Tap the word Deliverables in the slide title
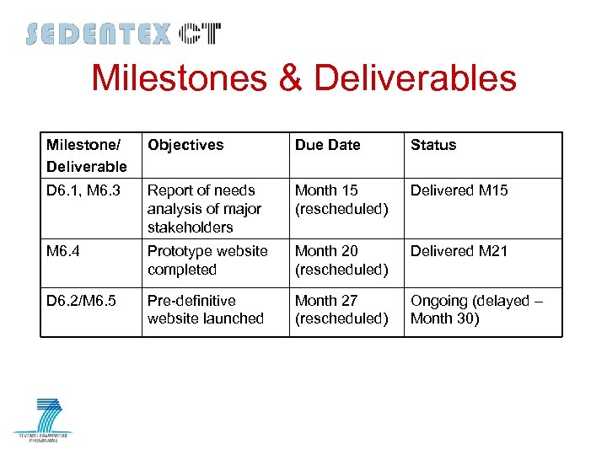(x=414, y=79)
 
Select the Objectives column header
(x=185, y=145)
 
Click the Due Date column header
(x=327, y=145)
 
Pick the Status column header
(x=433, y=145)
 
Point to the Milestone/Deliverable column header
(x=87, y=155)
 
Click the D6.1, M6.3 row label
(x=83, y=190)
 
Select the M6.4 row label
(x=64, y=251)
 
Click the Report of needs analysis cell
(x=204, y=209)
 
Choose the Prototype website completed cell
(x=207, y=260)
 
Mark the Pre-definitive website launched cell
(x=206, y=309)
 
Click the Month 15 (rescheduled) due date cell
(x=341, y=200)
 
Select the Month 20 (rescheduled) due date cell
(x=341, y=260)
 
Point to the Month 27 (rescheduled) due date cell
(x=341, y=309)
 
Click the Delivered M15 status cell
(x=459, y=190)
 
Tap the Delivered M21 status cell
(x=459, y=251)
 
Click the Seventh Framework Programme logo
(x=43, y=420)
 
